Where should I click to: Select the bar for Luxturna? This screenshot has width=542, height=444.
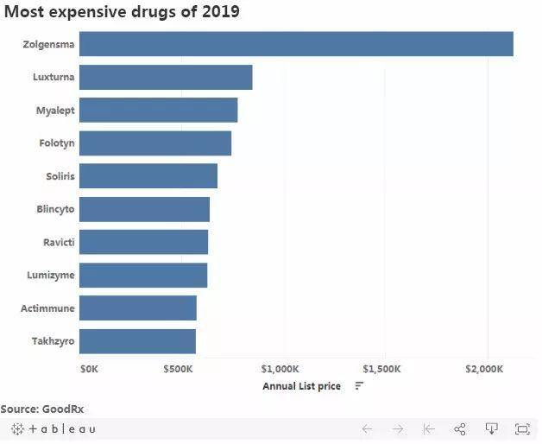[x=166, y=77]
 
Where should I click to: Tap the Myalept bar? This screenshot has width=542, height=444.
[x=158, y=111]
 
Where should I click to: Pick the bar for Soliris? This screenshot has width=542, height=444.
[x=148, y=176]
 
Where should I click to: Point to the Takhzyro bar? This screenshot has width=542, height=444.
[x=137, y=341]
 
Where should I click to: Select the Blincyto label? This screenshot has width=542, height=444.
[x=55, y=209]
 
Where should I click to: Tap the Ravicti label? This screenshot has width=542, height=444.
[x=59, y=242]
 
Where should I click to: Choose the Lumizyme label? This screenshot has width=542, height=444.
[x=51, y=276]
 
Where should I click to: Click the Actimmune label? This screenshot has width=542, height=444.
[x=47, y=308]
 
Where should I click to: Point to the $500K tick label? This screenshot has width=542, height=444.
[x=178, y=369]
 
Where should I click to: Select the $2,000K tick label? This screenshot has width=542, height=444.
[x=483, y=369]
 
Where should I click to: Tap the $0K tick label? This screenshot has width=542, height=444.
[x=89, y=369]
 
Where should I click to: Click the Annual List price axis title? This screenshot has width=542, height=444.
[x=301, y=386]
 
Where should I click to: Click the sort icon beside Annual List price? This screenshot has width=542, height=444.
[x=359, y=386]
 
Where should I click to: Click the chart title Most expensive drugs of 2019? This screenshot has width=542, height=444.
[x=122, y=12]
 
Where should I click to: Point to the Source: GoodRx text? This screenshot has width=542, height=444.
[x=42, y=409]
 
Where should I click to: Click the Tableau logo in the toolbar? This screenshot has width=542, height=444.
[x=54, y=429]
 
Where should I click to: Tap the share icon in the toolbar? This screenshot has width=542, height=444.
[x=460, y=429]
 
